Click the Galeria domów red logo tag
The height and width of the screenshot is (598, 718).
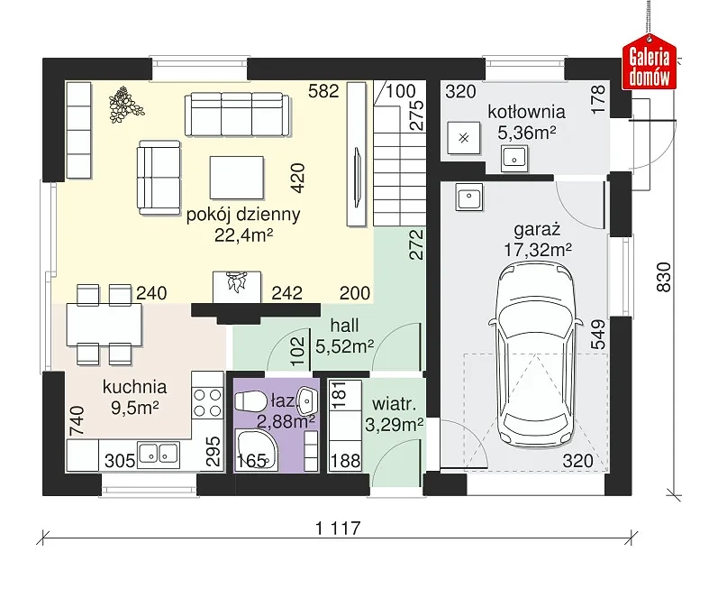[649, 62]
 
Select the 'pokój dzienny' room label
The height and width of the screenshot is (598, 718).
[243, 214]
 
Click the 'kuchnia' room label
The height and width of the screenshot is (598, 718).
[134, 387]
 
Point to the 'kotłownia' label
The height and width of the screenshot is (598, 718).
[527, 112]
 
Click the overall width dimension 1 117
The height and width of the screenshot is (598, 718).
[339, 529]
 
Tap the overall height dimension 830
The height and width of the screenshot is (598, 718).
[664, 277]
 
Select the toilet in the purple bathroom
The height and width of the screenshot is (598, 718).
[250, 400]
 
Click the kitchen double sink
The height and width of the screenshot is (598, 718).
[159, 454]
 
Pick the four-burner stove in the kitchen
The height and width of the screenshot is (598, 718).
[206, 402]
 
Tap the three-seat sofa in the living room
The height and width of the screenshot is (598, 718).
[237, 115]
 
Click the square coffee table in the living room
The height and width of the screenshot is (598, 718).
[237, 178]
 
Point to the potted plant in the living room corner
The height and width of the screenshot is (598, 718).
[125, 105]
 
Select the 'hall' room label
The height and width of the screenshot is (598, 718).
[344, 326]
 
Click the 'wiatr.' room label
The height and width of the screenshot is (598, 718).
[394, 404]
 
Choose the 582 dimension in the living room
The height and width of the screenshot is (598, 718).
[323, 91]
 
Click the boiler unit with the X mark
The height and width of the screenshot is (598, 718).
[464, 138]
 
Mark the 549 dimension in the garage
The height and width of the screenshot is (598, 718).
[598, 335]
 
